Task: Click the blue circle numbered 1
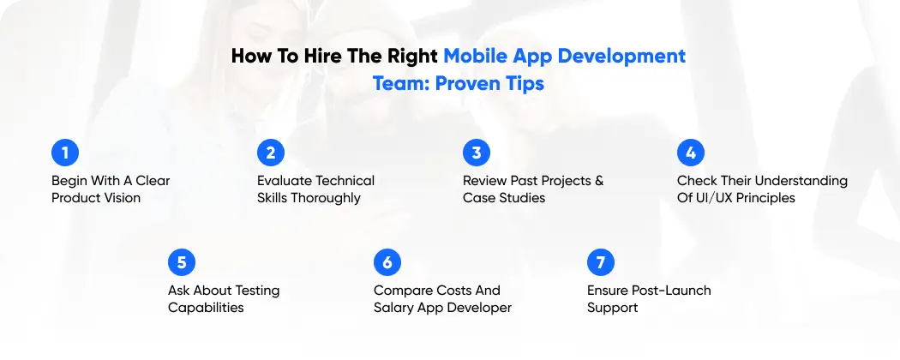pos(65,153)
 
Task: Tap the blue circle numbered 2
pos(271,153)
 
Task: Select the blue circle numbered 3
pos(477,153)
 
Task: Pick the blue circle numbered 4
pos(691,153)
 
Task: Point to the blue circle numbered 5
pos(182,262)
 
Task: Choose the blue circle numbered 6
pos(387,262)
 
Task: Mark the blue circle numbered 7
pos(601,262)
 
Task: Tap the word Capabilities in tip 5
pos(206,308)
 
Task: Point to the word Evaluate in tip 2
pos(285,181)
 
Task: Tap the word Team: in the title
pos(402,85)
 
